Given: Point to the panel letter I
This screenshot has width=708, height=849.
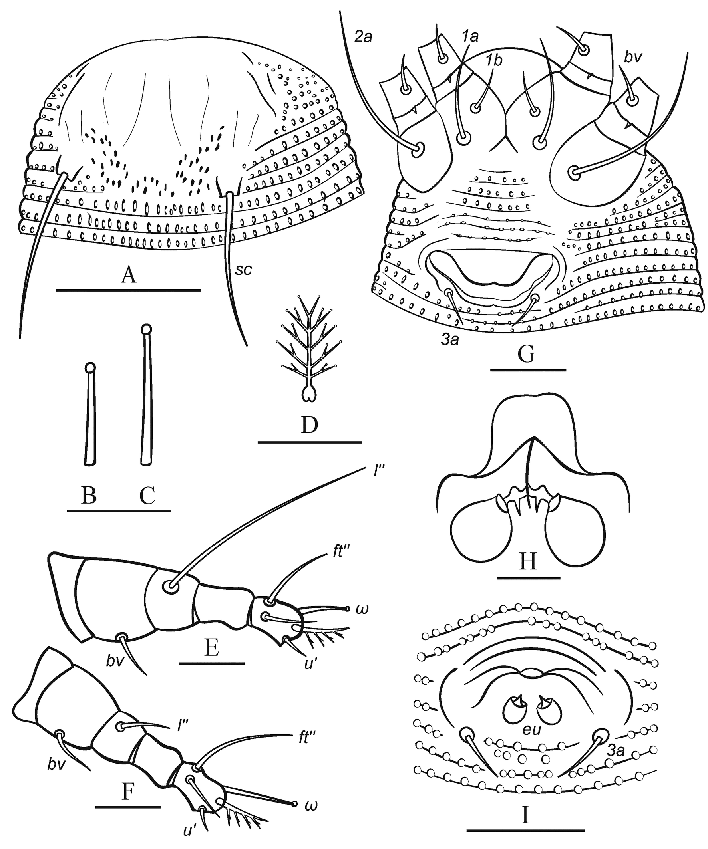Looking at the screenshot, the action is (x=526, y=805).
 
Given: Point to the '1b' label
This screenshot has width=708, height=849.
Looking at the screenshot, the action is (x=494, y=61).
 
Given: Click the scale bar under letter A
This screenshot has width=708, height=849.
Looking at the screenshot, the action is (x=128, y=290).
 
